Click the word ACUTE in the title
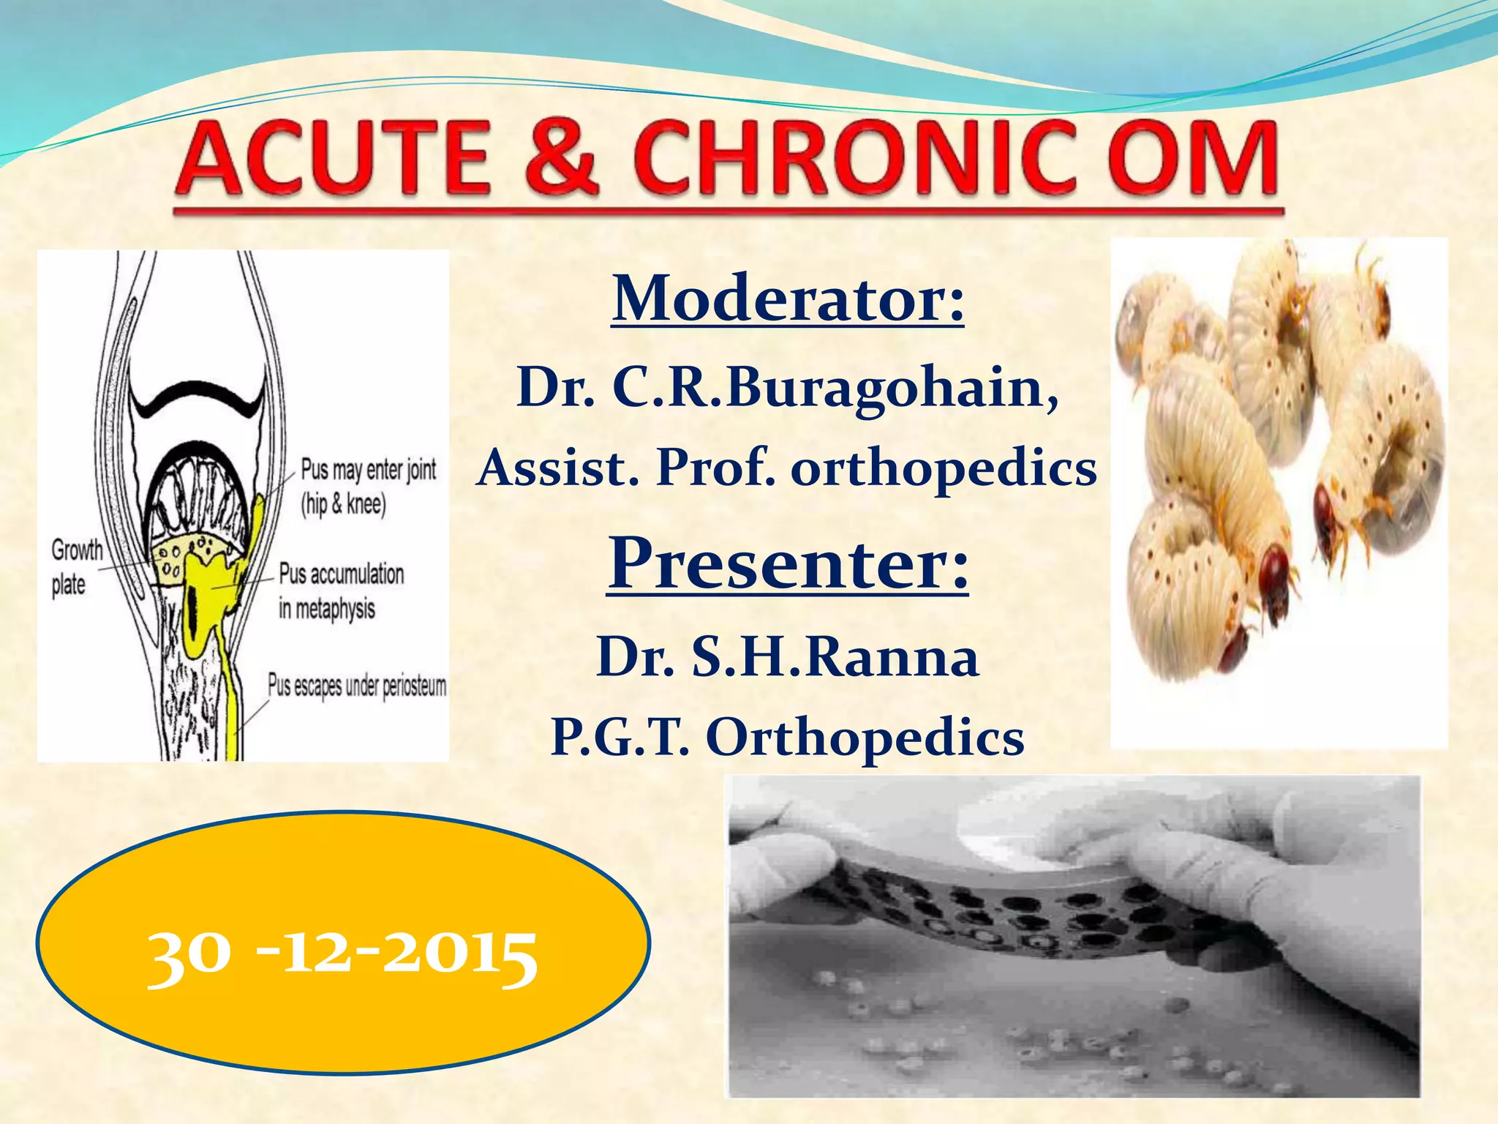coord(333,159)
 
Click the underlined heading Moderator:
coord(788,299)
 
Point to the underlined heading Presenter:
coord(788,563)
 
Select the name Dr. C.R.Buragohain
coord(788,388)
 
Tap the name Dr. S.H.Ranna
coord(788,657)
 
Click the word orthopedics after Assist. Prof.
coord(944,468)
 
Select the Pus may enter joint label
coord(369,470)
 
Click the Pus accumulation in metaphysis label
coord(341,591)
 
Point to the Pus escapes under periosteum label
coord(357,686)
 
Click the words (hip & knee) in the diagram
coord(343,504)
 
